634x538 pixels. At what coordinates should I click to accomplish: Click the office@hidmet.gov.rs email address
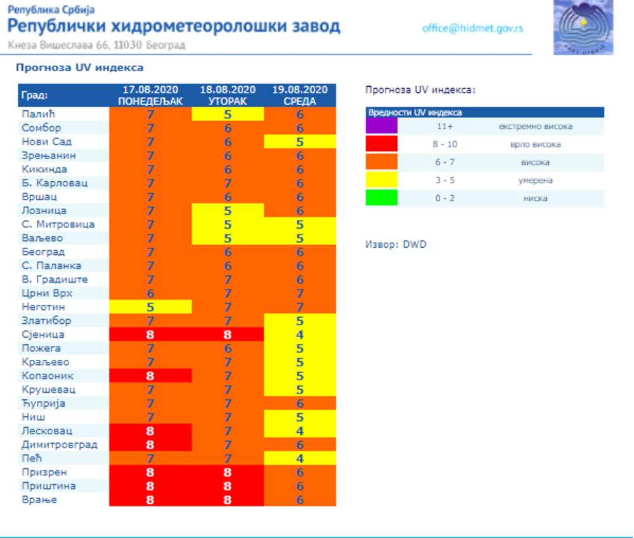[x=472, y=29]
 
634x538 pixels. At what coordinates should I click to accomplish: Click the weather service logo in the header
[x=583, y=27]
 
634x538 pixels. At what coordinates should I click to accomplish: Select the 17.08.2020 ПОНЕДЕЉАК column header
[x=150, y=96]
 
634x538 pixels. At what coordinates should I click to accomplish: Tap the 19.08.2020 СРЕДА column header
[x=300, y=96]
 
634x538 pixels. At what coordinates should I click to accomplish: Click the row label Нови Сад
[x=46, y=142]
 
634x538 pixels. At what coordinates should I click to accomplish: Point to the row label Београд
[x=43, y=252]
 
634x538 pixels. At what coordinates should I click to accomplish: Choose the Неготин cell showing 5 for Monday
[x=150, y=307]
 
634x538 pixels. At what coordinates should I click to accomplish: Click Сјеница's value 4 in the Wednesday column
[x=300, y=335]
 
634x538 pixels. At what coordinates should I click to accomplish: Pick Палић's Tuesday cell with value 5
[x=228, y=115]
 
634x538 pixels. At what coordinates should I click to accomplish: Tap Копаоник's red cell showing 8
[x=150, y=376]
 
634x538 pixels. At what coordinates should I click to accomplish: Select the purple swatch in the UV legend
[x=381, y=126]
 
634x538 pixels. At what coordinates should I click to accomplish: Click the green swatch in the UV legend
[x=381, y=198]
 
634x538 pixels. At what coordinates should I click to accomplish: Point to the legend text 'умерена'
[x=535, y=180]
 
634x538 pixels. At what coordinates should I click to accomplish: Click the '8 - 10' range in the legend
[x=445, y=144]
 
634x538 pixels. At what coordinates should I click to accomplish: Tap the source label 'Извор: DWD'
[x=396, y=244]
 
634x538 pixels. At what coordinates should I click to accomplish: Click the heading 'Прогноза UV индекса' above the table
[x=80, y=68]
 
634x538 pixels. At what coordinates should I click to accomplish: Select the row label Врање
[x=39, y=499]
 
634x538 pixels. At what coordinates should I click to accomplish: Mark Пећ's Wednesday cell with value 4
[x=300, y=458]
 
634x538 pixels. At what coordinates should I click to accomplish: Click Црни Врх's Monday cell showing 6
[x=150, y=293]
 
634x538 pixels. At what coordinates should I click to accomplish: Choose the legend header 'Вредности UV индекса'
[x=415, y=112]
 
